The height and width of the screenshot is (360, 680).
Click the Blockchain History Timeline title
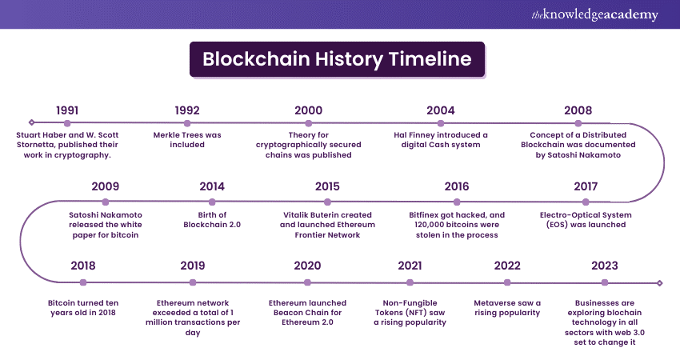(337, 59)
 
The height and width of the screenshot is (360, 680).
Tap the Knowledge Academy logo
(594, 14)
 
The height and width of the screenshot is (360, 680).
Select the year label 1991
(67, 110)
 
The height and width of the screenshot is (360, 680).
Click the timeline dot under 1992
(187, 123)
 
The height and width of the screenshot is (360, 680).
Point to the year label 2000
(308, 110)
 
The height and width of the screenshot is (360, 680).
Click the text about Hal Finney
(441, 140)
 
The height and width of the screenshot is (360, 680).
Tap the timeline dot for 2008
(578, 123)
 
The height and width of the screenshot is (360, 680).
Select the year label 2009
(106, 186)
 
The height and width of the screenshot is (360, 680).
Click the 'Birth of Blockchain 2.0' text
(212, 220)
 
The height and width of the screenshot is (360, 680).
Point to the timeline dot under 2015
(327, 202)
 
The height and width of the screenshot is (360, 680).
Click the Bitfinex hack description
(457, 225)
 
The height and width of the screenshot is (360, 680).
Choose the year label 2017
(586, 186)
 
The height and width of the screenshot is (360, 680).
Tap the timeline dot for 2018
(83, 282)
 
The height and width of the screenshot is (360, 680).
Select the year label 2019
(193, 266)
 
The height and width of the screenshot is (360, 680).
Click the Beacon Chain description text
(307, 313)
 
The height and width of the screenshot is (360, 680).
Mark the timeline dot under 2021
(410, 282)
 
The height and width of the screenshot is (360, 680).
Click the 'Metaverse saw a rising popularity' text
(507, 308)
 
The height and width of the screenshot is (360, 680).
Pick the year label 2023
(605, 266)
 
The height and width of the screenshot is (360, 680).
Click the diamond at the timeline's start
(31, 122)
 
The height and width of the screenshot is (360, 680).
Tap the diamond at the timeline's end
(660, 283)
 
